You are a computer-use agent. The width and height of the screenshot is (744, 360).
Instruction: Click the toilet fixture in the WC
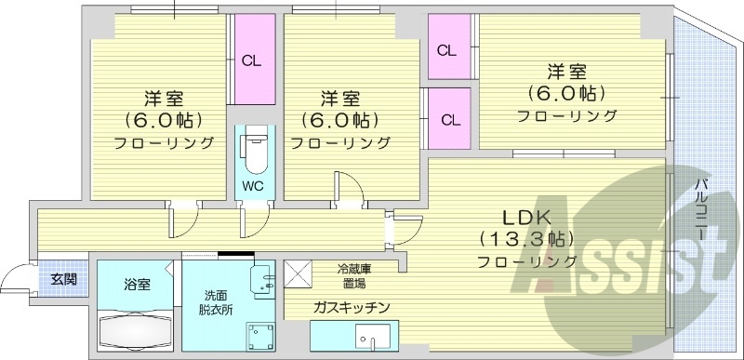[x=252, y=150]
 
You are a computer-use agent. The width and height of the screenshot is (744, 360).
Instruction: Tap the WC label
[x=252, y=185]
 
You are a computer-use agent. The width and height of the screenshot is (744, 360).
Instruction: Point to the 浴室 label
[x=137, y=285]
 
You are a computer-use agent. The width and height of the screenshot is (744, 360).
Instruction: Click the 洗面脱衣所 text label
[x=215, y=303]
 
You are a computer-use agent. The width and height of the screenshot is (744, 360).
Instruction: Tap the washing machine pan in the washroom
[x=258, y=336]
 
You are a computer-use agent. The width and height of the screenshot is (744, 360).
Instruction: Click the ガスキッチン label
[x=351, y=307]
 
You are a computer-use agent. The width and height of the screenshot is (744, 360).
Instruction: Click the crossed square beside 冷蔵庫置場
[x=299, y=273]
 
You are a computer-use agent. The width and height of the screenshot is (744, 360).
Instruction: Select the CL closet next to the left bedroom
[x=251, y=62]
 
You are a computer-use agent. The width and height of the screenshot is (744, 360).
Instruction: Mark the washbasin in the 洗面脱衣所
[x=265, y=276]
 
